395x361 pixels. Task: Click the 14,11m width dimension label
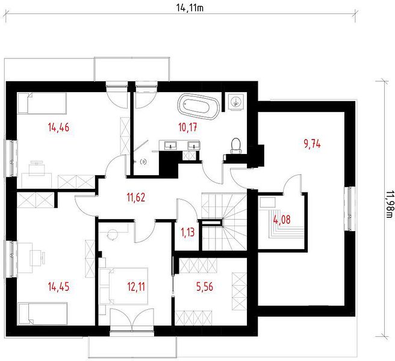click(190, 8)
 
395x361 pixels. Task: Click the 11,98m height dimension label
click(388, 204)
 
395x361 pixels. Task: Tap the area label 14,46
click(58, 128)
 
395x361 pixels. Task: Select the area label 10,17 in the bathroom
click(188, 128)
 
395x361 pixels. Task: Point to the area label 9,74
click(312, 144)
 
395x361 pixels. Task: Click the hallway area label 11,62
click(136, 197)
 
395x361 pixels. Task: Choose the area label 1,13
click(188, 232)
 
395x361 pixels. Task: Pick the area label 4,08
click(282, 220)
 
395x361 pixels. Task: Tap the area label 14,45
click(58, 286)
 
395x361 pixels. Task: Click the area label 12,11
click(136, 286)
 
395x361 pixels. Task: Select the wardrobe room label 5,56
click(205, 286)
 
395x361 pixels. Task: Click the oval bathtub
click(199, 106)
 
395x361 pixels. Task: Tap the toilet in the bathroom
click(236, 146)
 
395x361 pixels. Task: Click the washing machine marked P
click(236, 102)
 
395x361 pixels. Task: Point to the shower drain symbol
click(144, 161)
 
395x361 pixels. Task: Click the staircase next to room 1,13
click(224, 221)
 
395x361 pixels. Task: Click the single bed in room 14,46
click(42, 103)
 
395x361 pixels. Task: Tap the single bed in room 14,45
click(43, 313)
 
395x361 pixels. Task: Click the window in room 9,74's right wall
click(350, 209)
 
